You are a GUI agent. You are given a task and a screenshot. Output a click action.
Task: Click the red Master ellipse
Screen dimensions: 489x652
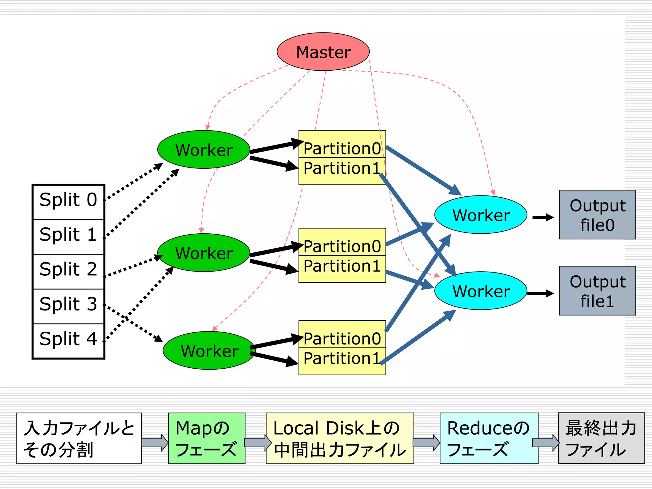[x=323, y=52]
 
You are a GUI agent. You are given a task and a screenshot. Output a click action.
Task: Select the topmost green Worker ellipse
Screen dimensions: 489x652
[x=204, y=149]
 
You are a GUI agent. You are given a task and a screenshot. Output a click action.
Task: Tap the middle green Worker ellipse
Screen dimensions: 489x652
[x=204, y=252]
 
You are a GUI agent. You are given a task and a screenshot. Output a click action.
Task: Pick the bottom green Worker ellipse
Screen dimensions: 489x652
[x=209, y=350]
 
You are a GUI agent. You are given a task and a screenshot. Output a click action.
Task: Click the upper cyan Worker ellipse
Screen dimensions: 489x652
[x=481, y=215]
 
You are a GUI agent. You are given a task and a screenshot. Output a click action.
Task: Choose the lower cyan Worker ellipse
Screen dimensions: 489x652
[x=481, y=290]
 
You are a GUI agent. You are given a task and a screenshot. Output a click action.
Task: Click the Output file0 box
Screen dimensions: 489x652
[x=597, y=215]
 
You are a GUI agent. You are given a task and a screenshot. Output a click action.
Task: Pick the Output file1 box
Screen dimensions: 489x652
[x=597, y=291]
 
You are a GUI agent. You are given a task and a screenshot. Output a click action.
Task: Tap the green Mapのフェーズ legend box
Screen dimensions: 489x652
[x=207, y=438]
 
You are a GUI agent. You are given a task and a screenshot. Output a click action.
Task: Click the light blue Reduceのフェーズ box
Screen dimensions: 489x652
[x=489, y=438]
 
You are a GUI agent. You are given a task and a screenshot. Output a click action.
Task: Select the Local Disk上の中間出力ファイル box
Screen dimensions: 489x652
[x=340, y=438]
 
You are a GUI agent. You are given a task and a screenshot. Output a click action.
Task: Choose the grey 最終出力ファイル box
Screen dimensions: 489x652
[x=601, y=438]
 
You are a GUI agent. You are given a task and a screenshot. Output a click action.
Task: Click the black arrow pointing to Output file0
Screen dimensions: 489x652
[x=543, y=217]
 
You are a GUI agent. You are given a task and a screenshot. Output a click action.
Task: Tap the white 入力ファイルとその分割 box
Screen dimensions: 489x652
[x=79, y=438]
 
